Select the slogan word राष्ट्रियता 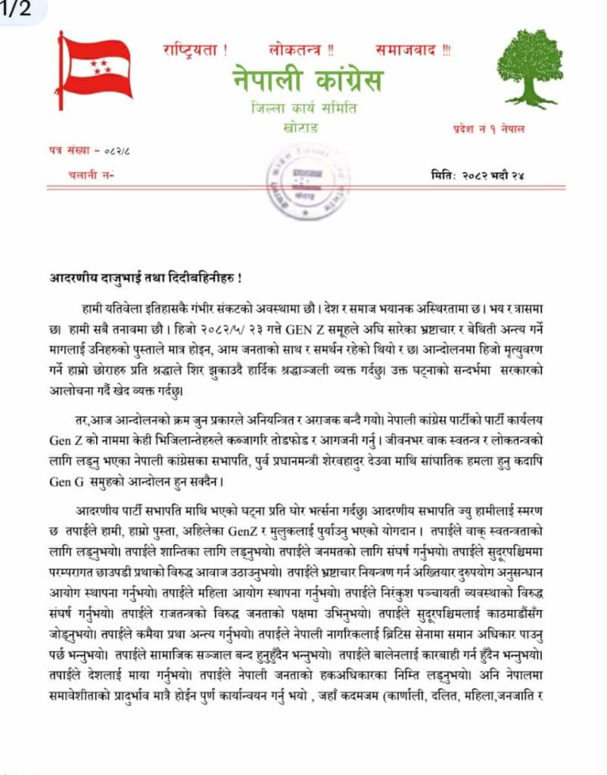tap(195, 51)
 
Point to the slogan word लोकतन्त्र tap(301, 51)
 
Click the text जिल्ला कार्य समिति tap(305, 107)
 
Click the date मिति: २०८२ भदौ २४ tap(477, 176)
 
